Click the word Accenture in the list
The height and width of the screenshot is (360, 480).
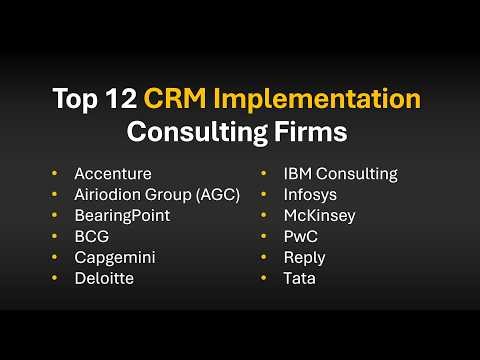(113, 173)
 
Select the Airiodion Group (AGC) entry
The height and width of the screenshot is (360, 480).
(158, 194)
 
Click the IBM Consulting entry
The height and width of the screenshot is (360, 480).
(340, 173)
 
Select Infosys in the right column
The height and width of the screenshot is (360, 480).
(309, 194)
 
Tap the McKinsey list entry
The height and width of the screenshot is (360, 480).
(319, 215)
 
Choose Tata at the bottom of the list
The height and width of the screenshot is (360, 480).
(299, 278)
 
